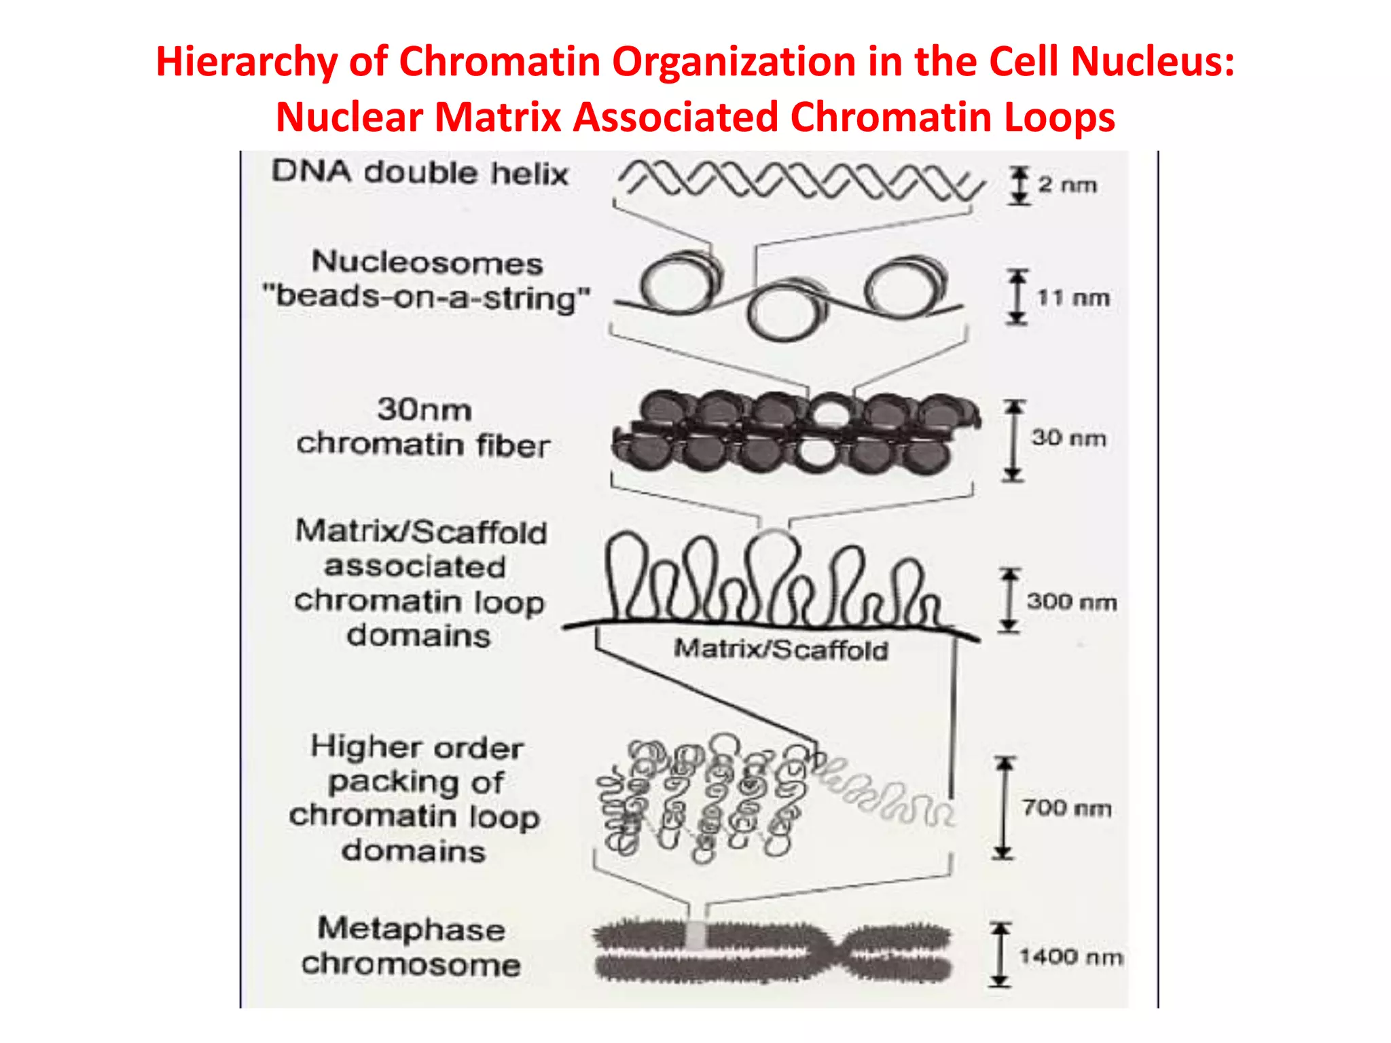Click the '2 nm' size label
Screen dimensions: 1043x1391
click(1067, 185)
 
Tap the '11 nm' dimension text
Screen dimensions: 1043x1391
click(1073, 297)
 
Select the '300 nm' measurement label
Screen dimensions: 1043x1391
click(1071, 602)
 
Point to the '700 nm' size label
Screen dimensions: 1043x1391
click(1066, 808)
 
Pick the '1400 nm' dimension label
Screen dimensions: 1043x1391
click(1071, 957)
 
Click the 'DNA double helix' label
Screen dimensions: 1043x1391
click(420, 172)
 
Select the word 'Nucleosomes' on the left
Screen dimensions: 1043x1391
click(427, 263)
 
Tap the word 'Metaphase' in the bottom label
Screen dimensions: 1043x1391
click(412, 929)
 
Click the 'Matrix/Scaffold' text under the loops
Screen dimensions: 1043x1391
click(780, 650)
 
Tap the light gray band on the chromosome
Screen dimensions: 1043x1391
click(695, 936)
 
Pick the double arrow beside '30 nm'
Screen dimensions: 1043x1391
click(1013, 440)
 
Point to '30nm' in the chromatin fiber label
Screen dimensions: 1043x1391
click(424, 409)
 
